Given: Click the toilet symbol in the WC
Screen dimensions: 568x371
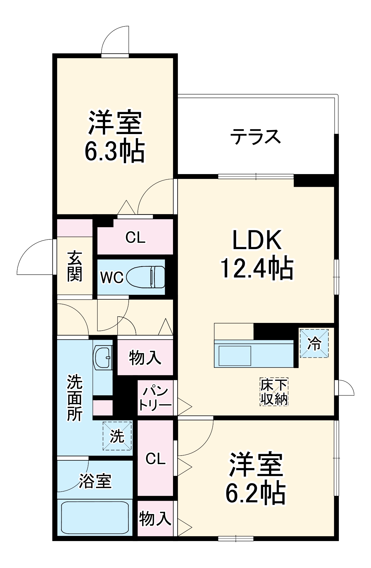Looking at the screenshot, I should (145, 277).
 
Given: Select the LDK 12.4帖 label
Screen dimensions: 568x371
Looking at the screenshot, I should (257, 254).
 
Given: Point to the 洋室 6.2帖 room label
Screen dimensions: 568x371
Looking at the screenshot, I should (256, 479).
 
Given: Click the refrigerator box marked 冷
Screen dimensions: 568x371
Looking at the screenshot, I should (314, 343).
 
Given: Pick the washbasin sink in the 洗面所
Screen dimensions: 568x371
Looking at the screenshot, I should (103, 357).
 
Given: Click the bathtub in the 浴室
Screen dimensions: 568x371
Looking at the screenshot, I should (95, 518).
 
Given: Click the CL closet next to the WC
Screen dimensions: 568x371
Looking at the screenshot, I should (136, 237).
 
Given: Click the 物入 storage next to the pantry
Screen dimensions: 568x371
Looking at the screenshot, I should (145, 358).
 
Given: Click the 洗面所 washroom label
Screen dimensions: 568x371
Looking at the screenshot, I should (75, 398).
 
